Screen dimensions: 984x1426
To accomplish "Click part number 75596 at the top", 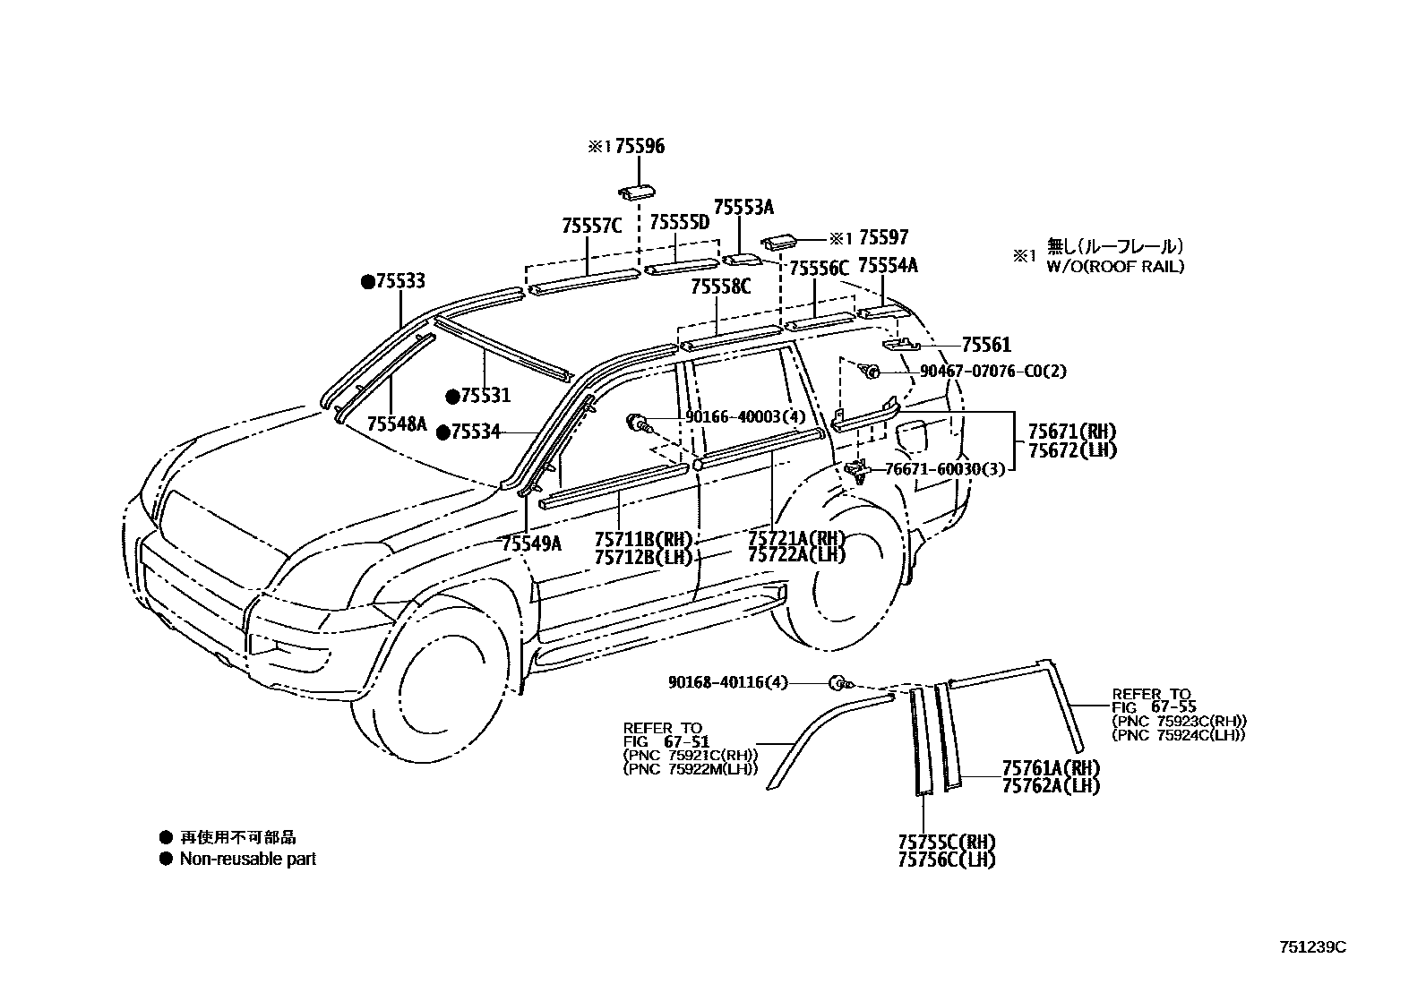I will coord(640,147).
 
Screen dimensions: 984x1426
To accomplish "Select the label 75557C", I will coord(591,226).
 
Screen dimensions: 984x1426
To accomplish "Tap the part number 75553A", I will coord(743,208).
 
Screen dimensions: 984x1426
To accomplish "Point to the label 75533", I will coord(399,282).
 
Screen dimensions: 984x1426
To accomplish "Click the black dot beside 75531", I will coord(453,396).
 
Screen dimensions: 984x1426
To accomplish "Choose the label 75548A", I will coord(397,424).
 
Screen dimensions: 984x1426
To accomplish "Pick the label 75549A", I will coord(531,543).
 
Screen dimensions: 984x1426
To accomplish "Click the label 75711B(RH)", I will coord(643,539).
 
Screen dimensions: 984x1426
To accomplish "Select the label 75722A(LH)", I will coord(796,555).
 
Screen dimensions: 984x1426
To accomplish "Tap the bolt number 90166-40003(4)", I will coord(745,416).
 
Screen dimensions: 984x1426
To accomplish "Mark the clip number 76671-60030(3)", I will coord(944,468).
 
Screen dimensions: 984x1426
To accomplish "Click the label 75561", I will coord(986,345).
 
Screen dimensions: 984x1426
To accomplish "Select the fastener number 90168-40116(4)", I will coord(727,682).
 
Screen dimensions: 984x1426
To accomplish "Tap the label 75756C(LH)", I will coord(947,860).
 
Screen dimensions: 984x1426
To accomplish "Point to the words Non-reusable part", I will coord(247,859).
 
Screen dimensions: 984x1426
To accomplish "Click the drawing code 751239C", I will coord(1312,946).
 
